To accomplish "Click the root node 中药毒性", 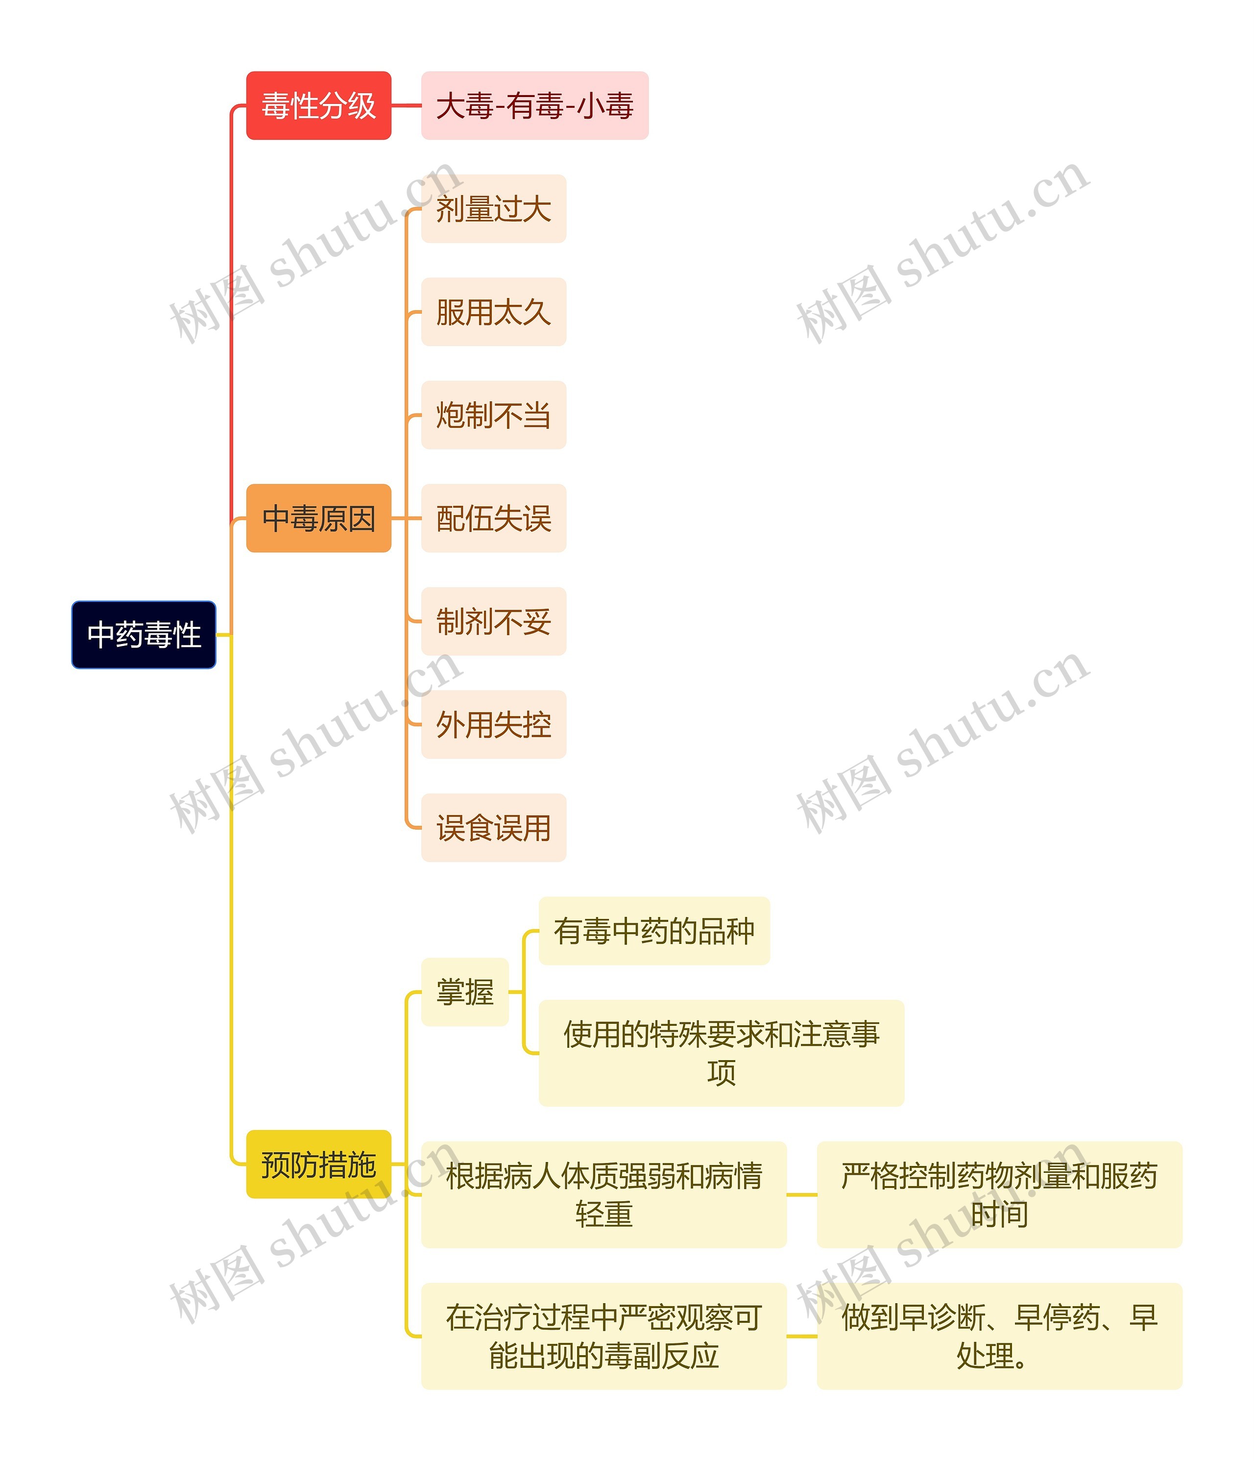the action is [144, 635].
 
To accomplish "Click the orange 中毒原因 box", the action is [318, 518].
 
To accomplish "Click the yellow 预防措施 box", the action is [318, 1164].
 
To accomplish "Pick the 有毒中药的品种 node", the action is [654, 931].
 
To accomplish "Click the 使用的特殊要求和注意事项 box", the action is [721, 1053].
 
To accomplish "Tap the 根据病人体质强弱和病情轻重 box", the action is [604, 1194].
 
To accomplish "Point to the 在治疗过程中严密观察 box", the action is [604, 1336].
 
